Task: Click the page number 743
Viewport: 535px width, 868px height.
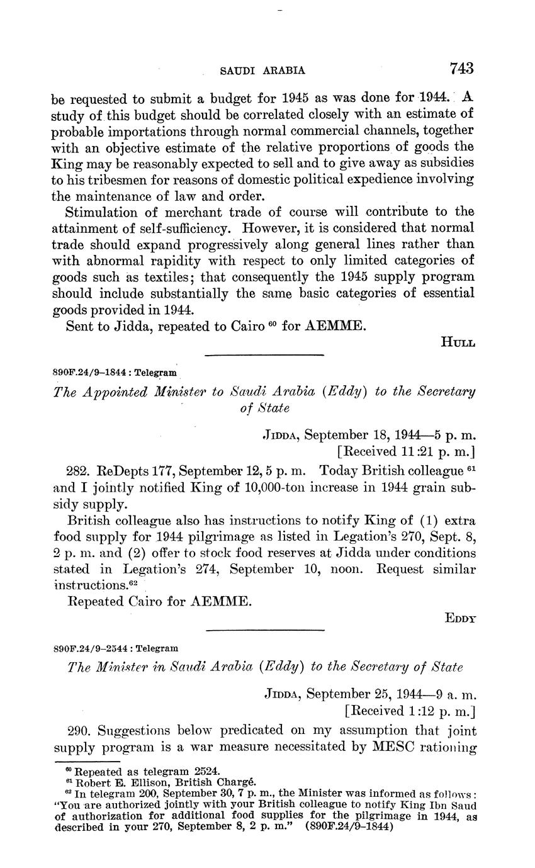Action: [461, 68]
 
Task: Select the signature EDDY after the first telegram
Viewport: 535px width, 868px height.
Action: [459, 618]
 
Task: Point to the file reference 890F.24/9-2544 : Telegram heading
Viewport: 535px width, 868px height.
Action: [116, 647]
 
